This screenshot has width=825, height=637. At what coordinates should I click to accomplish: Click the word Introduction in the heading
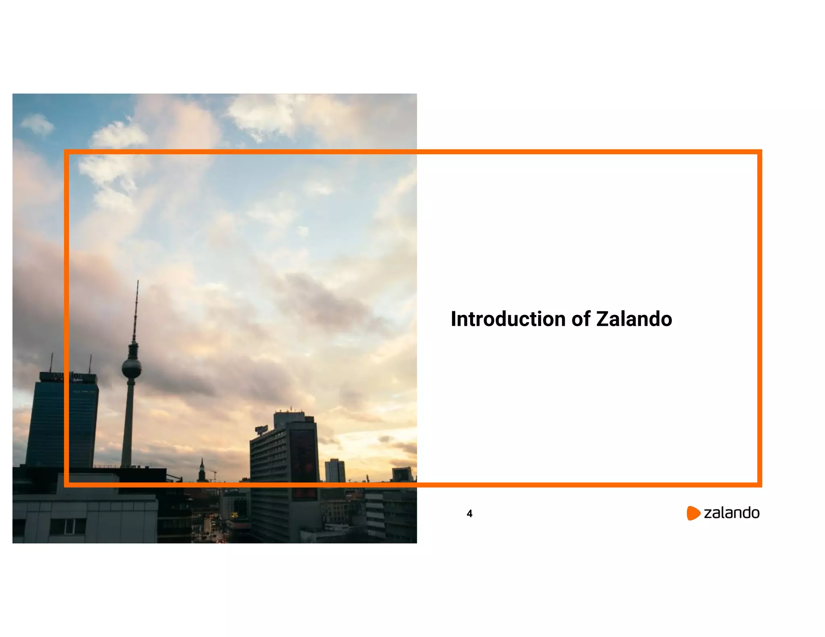point(508,319)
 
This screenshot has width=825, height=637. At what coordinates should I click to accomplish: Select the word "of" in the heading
point(580,319)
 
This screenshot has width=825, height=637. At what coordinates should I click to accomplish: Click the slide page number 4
point(469,513)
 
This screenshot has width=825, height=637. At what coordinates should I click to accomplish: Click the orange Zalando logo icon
point(693,513)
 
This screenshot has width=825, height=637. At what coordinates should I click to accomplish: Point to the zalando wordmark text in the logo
point(731,513)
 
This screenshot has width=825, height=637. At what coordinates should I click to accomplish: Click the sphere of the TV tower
point(132,368)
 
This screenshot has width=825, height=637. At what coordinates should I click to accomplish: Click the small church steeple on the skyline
point(202,469)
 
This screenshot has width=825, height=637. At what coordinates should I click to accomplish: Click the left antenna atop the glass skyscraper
point(51,362)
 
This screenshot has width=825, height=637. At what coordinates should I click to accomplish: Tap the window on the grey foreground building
point(67,526)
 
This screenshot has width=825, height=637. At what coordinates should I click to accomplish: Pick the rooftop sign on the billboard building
point(261,430)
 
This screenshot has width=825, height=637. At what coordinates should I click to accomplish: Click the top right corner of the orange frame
point(759,152)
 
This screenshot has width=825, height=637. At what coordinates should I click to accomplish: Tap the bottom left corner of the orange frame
point(66,484)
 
